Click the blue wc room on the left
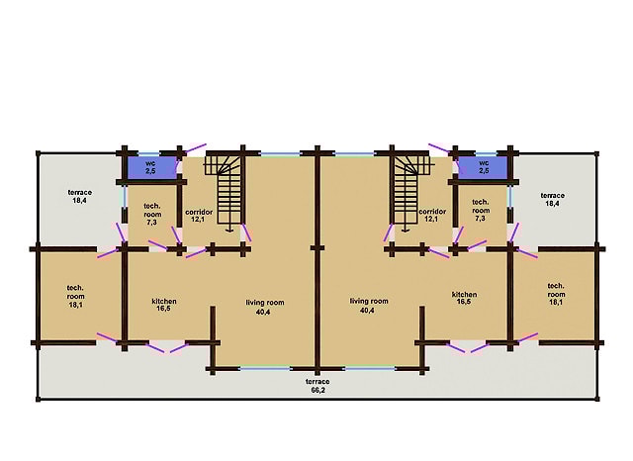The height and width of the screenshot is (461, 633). pos(151,167)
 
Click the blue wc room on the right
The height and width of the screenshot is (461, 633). pos(482,167)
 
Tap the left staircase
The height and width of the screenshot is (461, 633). pos(225,190)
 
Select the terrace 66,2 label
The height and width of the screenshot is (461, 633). pos(317,386)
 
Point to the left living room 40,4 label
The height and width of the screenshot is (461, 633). pos(265,307)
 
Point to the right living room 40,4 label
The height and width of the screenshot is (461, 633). pos(369,306)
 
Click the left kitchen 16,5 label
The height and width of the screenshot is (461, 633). pos(164,305)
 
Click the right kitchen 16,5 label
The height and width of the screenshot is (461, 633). pos(464,298)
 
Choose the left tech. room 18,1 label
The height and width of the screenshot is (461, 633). pos(75,297)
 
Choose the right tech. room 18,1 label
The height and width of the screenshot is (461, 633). pos(556,294)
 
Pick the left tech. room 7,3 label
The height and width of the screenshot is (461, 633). pos(152,214)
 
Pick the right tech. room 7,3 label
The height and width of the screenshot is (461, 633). pos(481,210)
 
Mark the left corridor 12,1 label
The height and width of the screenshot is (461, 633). pos(199,216)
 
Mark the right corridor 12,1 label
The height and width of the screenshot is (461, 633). pos(432,215)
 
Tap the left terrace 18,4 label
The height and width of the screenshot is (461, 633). pos(79,196)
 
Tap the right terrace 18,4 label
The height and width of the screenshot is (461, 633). pos(552,200)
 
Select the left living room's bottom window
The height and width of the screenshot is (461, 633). pos(265,368)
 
